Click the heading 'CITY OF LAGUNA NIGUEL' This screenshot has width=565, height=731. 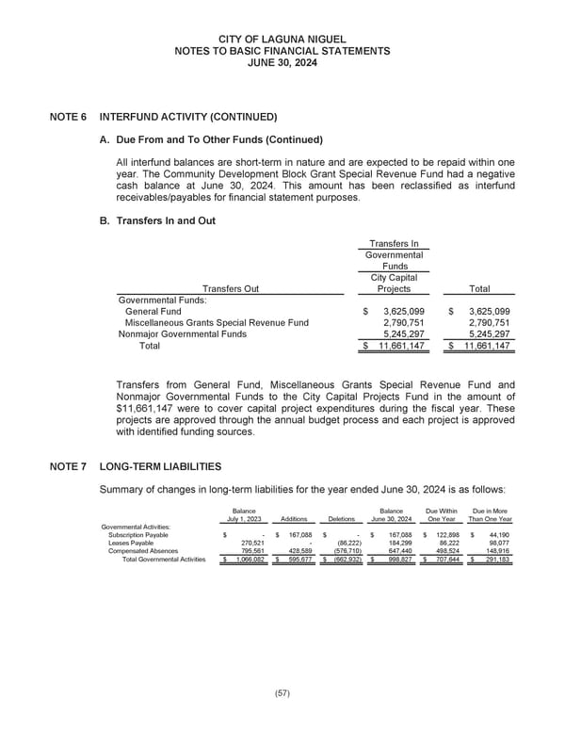click(x=282, y=38)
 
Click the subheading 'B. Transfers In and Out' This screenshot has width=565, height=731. click(x=165, y=220)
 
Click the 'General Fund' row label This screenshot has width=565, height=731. click(x=153, y=311)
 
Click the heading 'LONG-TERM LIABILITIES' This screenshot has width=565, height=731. click(x=160, y=466)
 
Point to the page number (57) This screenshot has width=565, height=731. click(x=282, y=692)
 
